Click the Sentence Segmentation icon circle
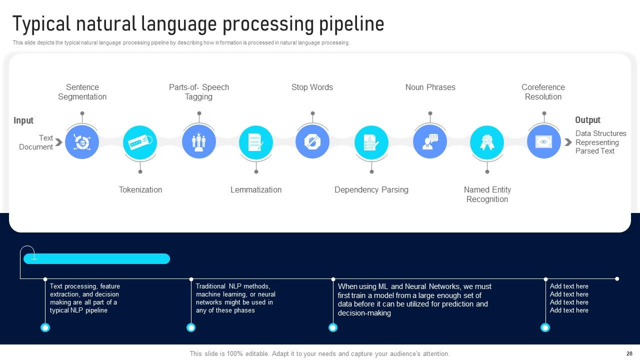pyautogui.click(x=82, y=142)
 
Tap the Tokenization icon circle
pyautogui.click(x=140, y=142)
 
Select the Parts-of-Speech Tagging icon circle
pyautogui.click(x=199, y=142)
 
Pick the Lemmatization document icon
pyautogui.click(x=256, y=142)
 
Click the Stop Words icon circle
pyautogui.click(x=312, y=142)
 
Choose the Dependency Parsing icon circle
pyautogui.click(x=371, y=142)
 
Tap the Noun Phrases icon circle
pyautogui.click(x=430, y=142)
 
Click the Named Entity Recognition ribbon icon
pyautogui.click(x=487, y=142)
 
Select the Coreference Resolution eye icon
pyautogui.click(x=544, y=142)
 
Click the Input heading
pyautogui.click(x=23, y=120)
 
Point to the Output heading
pyautogui.click(x=587, y=120)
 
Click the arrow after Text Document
pyautogui.click(x=58, y=142)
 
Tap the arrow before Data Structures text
pyautogui.click(x=568, y=142)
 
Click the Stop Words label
pyautogui.click(x=312, y=87)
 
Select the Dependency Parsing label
pyautogui.click(x=371, y=190)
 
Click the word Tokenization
pyautogui.click(x=140, y=190)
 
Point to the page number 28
pyautogui.click(x=629, y=353)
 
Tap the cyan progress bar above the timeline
pyautogui.click(x=96, y=258)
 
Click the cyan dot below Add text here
pyautogui.click(x=545, y=327)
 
